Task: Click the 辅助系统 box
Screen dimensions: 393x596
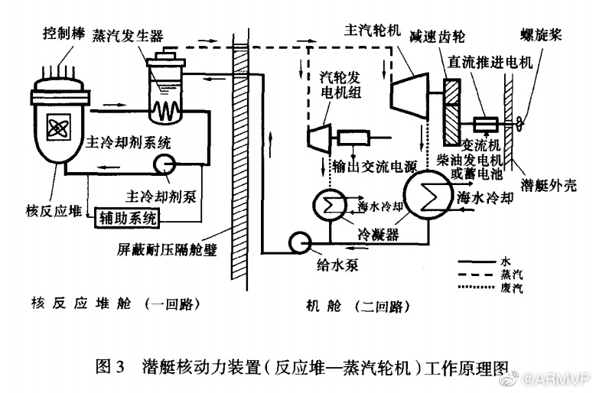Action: pos(127,219)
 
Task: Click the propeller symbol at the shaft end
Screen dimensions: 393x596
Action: pos(521,123)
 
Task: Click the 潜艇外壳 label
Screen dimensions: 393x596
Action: pos(548,184)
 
